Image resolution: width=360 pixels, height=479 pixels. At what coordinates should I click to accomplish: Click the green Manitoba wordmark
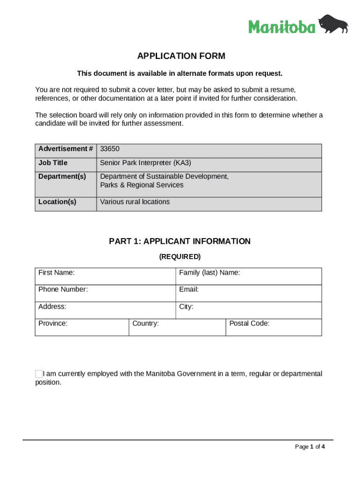tap(282, 27)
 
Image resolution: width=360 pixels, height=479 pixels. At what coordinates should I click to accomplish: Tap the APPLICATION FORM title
tap(181, 56)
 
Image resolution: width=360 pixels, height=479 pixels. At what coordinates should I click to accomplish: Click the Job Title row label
tap(53, 163)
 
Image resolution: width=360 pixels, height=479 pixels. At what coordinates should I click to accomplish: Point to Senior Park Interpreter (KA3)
tap(145, 163)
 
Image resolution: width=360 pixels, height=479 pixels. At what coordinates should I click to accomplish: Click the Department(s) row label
tap(62, 176)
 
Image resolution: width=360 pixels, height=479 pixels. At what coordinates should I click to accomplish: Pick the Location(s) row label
tap(57, 202)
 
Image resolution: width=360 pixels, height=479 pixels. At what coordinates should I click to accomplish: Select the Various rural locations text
tap(135, 202)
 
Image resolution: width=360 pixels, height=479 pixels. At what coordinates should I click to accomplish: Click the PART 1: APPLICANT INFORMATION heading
tap(180, 241)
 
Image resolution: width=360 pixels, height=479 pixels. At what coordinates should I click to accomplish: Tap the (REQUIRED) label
tap(180, 256)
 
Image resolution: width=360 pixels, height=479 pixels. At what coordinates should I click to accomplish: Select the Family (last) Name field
tap(248, 276)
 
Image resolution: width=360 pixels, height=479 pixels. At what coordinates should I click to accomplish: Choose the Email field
tap(248, 293)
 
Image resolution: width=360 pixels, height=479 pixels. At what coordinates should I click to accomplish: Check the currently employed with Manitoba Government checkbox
tap(39, 374)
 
